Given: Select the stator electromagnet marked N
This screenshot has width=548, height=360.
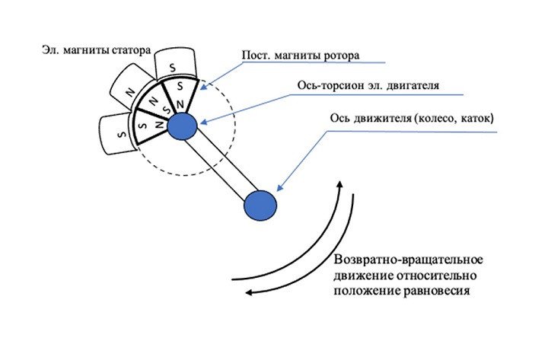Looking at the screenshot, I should (x=131, y=90).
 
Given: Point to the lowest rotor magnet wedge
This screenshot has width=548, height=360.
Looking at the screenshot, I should (x=148, y=123).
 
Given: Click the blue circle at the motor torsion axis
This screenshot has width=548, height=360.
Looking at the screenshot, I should (x=183, y=126).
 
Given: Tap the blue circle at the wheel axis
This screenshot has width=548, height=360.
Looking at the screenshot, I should (x=260, y=205).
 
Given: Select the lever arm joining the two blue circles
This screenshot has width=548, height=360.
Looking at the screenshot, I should (x=221, y=165).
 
